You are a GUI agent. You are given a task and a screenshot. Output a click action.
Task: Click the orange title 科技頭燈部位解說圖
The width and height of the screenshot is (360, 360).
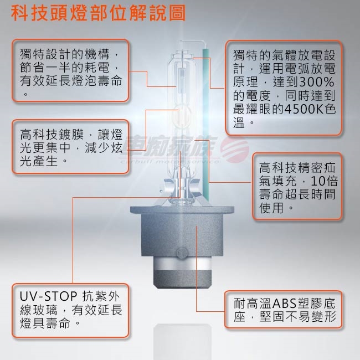[x=98, y=13]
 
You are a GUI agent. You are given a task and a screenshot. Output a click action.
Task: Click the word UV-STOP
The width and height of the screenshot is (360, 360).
[x=48, y=296]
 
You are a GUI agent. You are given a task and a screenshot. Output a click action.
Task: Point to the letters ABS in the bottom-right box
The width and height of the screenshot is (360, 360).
[x=284, y=304]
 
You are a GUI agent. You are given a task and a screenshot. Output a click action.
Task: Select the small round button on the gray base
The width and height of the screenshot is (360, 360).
[x=182, y=253]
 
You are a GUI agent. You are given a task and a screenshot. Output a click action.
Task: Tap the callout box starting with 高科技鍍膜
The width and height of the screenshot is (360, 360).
[x=70, y=146]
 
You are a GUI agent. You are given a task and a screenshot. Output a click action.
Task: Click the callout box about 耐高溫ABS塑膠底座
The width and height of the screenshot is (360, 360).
[x=284, y=310]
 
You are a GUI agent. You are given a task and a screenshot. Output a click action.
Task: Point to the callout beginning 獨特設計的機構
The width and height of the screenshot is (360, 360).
[x=70, y=70]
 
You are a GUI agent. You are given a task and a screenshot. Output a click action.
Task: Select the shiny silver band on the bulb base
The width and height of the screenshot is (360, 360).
[x=182, y=263]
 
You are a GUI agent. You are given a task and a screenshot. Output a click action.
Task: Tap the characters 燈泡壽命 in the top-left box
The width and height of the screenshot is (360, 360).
[x=97, y=81]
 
